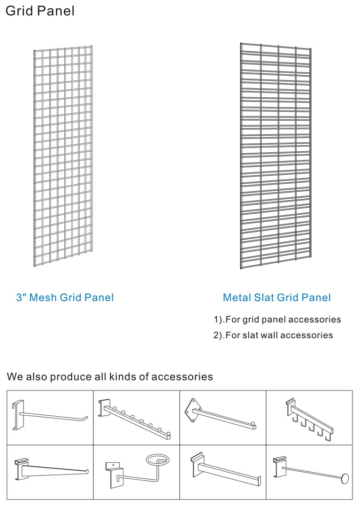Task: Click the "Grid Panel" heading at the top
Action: pyautogui.click(x=40, y=11)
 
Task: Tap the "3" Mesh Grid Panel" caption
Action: pyautogui.click(x=65, y=297)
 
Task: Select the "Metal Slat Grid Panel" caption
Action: pyautogui.click(x=277, y=297)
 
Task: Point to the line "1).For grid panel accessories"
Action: pyautogui.click(x=277, y=319)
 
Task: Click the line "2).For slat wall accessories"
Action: pyautogui.click(x=273, y=335)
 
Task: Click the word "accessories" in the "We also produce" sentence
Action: pyautogui.click(x=182, y=377)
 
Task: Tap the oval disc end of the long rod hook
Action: pyautogui.click(x=345, y=478)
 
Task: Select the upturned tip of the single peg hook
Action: pyautogui.click(x=85, y=419)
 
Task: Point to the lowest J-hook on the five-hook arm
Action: pyautogui.click(x=329, y=438)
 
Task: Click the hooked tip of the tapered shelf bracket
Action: pyautogui.click(x=86, y=472)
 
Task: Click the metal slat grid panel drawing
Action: pyautogui.click(x=276, y=156)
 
